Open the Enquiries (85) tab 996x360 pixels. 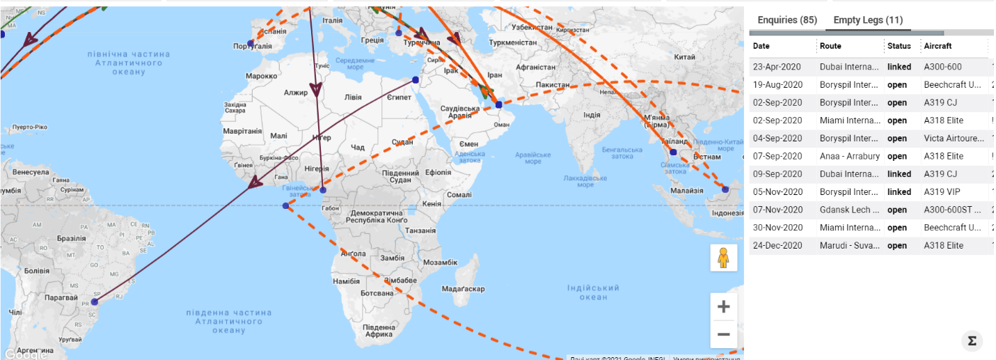tap(786, 20)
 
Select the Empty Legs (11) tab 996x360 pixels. tap(868, 20)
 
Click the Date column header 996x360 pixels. tap(761, 46)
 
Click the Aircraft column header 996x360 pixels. tap(938, 46)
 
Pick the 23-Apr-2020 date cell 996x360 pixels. tap(777, 68)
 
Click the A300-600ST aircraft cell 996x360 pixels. tap(952, 210)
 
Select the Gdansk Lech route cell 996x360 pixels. tap(850, 210)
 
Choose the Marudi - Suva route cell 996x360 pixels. tap(850, 246)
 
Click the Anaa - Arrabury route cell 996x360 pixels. tap(850, 157)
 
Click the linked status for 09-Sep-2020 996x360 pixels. tap(899, 174)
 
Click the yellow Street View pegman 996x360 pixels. tap(723, 258)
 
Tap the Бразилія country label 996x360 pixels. tap(71, 238)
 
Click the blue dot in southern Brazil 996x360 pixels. tap(95, 302)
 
